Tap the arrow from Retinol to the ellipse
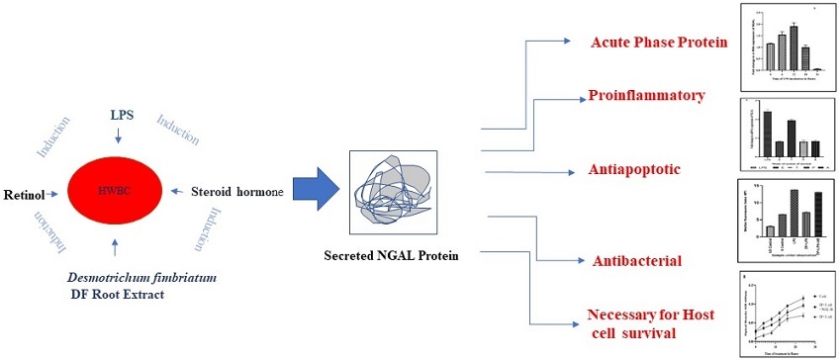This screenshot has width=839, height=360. [x=53, y=195]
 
